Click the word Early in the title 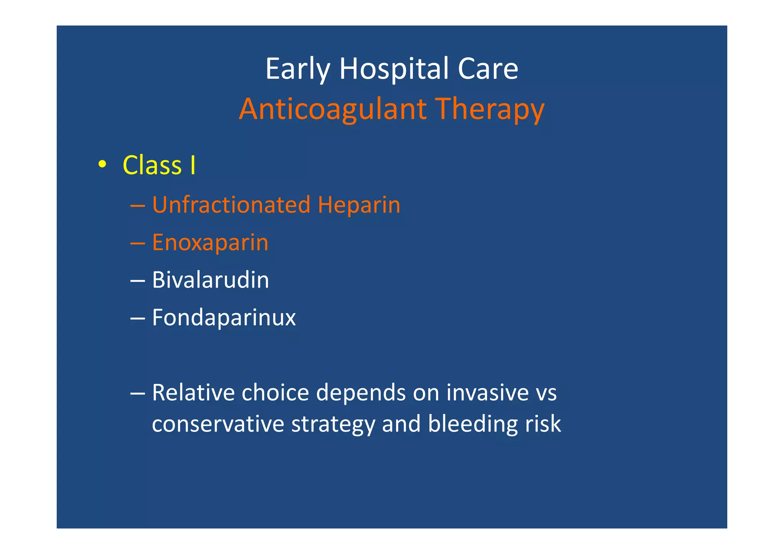coord(297,69)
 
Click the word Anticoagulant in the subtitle coord(333,109)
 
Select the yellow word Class coord(152,165)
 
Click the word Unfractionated coord(231,204)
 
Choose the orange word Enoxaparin coord(210,243)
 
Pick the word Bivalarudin coord(211,280)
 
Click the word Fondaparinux coord(224,318)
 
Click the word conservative coord(218,424)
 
